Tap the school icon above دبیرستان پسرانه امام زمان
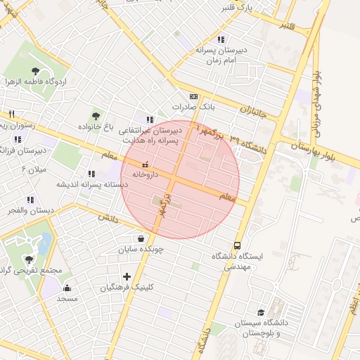pos(221,39)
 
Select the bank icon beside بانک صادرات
pos(193,97)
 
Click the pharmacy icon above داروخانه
pos(146,164)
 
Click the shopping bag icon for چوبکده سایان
pos(141,238)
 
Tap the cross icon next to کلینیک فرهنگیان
pos(127,276)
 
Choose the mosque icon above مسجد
pos(67,288)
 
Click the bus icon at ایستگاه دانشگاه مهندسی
pos(238,246)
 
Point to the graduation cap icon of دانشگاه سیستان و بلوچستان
pos(261,312)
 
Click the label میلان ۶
pos(33,170)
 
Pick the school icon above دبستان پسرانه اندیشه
pos(91,173)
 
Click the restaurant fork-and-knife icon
pos(11,114)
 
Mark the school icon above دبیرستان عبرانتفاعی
pos(149,120)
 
